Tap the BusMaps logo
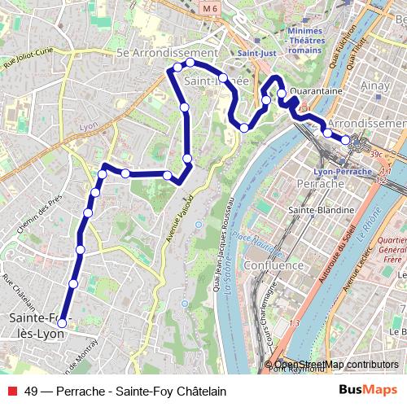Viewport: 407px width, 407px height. [368, 390]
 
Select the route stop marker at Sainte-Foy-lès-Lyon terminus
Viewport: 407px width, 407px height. [62, 323]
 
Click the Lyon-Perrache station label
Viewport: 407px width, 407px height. [343, 172]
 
